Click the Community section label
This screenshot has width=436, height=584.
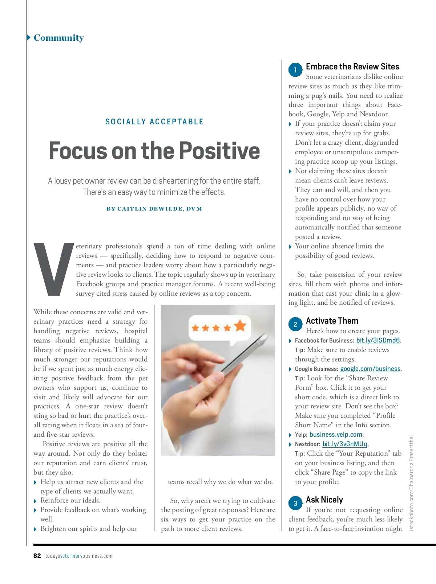(58, 38)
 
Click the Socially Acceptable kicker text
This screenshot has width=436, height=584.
(154, 122)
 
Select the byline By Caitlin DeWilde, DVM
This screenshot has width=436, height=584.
(154, 209)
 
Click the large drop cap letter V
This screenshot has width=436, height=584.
(53, 269)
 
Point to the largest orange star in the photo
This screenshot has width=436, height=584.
(240, 325)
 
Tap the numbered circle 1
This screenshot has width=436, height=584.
(295, 70)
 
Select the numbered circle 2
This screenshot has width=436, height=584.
(295, 324)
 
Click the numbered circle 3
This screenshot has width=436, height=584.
(295, 503)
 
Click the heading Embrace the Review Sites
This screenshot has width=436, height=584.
(352, 67)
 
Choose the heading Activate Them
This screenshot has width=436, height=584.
(332, 321)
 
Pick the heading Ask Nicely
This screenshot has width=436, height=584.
(324, 500)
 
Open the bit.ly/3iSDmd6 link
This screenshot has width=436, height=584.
(378, 341)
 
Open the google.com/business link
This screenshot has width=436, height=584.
(370, 369)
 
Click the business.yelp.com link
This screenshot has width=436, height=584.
(336, 435)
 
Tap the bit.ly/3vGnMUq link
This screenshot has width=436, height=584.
(345, 444)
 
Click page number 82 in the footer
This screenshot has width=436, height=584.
(37, 556)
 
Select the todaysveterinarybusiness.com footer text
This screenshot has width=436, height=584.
(79, 556)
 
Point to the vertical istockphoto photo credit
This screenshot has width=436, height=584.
(412, 483)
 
